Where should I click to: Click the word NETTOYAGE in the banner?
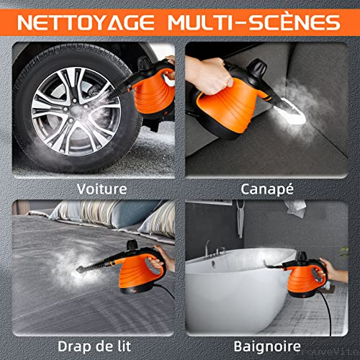tap(86, 22)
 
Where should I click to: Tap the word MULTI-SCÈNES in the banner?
tap(254, 22)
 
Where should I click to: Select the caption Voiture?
tap(102, 189)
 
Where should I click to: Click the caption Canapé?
tap(267, 189)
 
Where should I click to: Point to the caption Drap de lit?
tap(94, 346)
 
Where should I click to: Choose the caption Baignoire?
tap(267, 346)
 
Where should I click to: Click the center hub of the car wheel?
tap(77, 111)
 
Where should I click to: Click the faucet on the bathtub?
tap(207, 250)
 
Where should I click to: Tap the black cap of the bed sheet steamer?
tap(132, 245)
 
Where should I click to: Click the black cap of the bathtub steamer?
tap(302, 256)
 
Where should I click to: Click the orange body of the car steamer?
tap(153, 92)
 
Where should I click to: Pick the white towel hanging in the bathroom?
tap(296, 207)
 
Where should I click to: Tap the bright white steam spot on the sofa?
tap(290, 111)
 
